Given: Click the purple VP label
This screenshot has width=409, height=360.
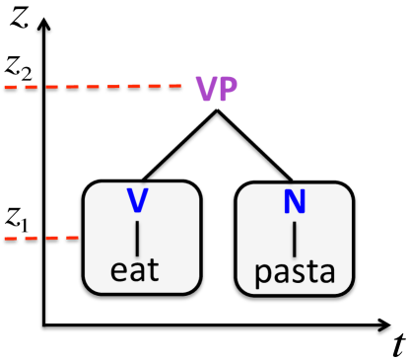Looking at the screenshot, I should (216, 88).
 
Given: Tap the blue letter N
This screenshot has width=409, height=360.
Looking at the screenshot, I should (294, 202).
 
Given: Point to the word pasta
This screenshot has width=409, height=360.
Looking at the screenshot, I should (294, 268).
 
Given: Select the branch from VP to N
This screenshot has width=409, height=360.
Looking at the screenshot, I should (253, 145).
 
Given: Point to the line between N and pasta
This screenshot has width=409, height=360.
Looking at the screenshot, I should (294, 236).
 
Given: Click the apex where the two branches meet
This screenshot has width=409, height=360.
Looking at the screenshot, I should (217, 111).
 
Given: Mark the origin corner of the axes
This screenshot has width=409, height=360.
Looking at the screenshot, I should (43, 322).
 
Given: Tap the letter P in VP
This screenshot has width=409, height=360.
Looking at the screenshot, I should (228, 88).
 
